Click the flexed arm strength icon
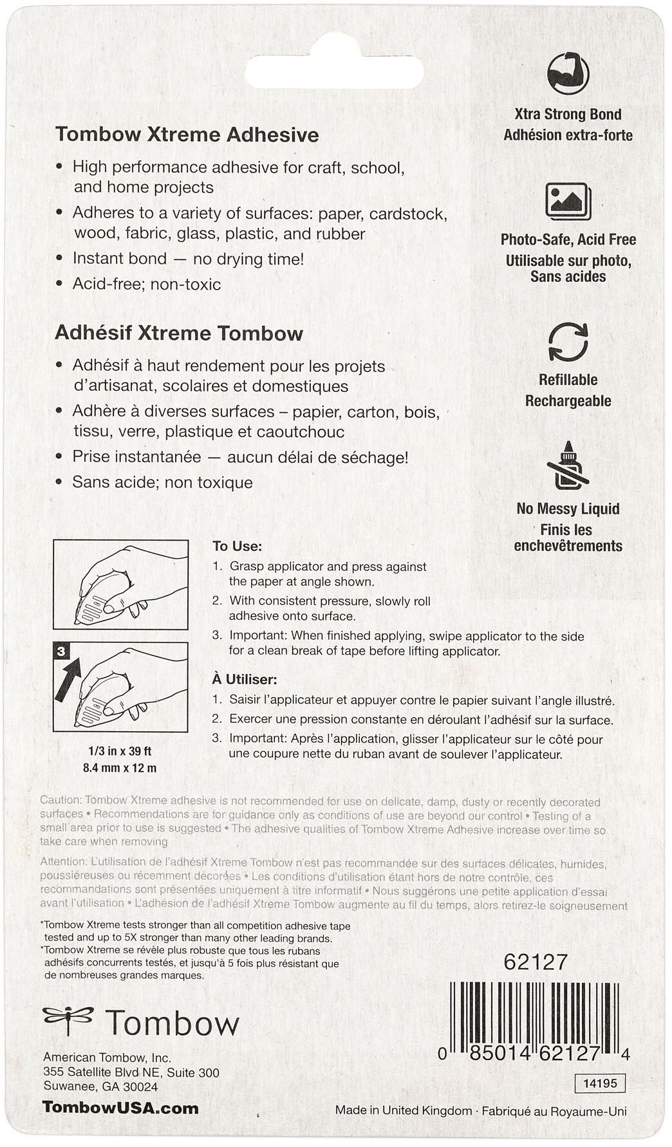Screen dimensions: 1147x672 tap(568, 73)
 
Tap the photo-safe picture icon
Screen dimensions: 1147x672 tap(568, 201)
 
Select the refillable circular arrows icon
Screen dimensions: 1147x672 tap(568, 342)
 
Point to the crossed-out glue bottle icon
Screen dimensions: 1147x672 tap(567, 466)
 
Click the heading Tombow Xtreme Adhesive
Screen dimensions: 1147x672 tap(187, 135)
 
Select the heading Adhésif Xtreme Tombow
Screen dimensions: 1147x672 tap(178, 333)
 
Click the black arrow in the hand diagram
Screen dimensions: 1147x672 tap(67, 678)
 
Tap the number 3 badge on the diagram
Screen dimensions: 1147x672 tap(61, 651)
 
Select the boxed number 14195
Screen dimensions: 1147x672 tap(600, 1083)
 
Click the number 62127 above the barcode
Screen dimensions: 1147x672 tap(536, 962)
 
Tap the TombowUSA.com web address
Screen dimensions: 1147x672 tap(120, 1108)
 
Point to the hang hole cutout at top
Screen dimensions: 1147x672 tap(333, 71)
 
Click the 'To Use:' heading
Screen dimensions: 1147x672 tap(237, 546)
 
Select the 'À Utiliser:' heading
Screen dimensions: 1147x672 tap(245, 679)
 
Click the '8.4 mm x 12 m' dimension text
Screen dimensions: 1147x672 tap(120, 767)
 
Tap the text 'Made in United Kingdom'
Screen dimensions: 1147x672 tap(403, 1110)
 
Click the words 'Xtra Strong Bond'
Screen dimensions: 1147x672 tap(568, 115)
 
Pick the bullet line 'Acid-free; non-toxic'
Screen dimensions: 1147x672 tap(146, 284)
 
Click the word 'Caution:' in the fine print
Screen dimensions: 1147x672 tap(61, 800)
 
